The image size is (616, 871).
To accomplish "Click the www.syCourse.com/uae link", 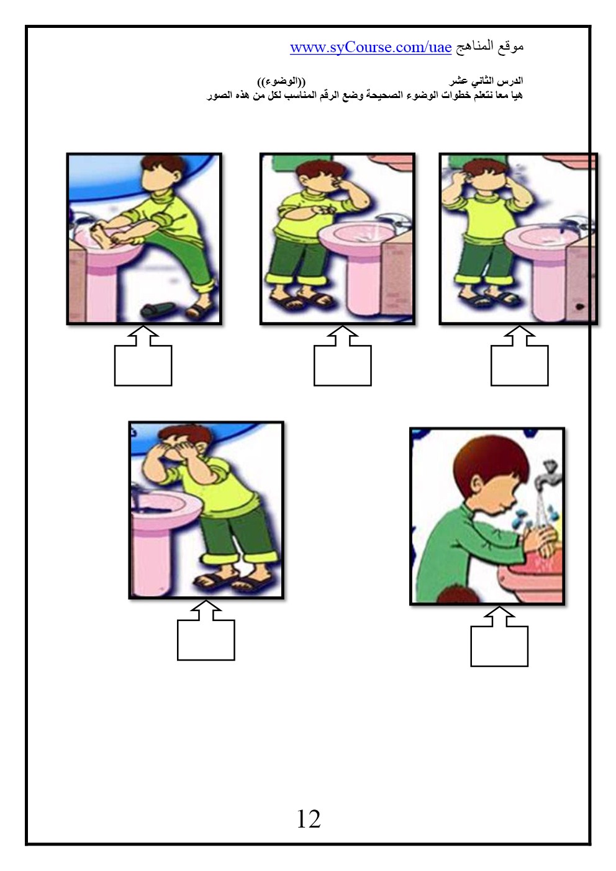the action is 371,47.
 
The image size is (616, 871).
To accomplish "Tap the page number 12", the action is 309,818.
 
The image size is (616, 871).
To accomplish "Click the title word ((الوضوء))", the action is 281,82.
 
